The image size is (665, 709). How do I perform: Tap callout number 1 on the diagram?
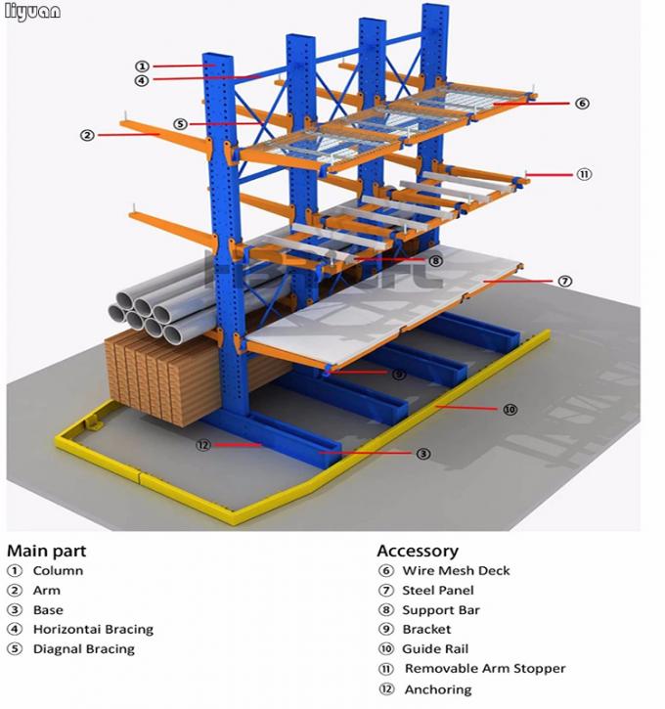pyautogui.click(x=143, y=66)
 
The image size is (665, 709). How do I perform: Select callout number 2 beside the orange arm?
pyautogui.click(x=88, y=135)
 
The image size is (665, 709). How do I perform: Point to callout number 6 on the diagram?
pyautogui.click(x=582, y=103)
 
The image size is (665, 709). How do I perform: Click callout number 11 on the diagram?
pyautogui.click(x=584, y=174)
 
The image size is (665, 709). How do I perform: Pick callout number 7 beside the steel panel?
pyautogui.click(x=564, y=281)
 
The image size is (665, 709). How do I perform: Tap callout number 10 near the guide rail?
pyautogui.click(x=510, y=410)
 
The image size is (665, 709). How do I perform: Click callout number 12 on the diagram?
pyautogui.click(x=203, y=445)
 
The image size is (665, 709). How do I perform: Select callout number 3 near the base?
pyautogui.click(x=423, y=453)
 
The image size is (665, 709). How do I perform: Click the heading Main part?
pyautogui.click(x=46, y=552)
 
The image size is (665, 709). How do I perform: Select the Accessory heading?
pyautogui.click(x=418, y=552)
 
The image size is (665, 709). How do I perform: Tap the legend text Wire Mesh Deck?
pyautogui.click(x=456, y=571)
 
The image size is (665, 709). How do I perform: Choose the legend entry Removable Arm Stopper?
pyautogui.click(x=485, y=669)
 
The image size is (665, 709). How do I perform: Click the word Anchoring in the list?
pyautogui.click(x=437, y=689)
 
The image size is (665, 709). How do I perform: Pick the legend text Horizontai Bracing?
pyautogui.click(x=93, y=630)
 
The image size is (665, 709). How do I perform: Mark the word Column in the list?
pyautogui.click(x=58, y=571)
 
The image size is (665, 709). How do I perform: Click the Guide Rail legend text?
pyautogui.click(x=435, y=649)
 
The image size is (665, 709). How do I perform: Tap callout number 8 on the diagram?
pyautogui.click(x=435, y=261)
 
